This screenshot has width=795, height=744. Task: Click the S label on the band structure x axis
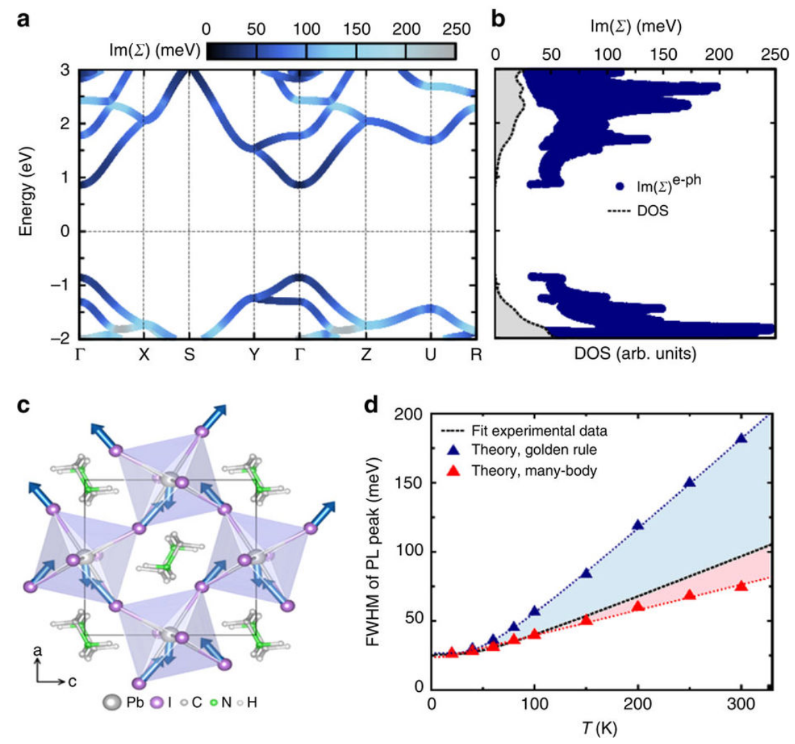coord(188,354)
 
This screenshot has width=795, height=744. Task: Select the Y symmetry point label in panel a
coord(255,354)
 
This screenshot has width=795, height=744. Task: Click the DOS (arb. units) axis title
coord(634,353)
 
